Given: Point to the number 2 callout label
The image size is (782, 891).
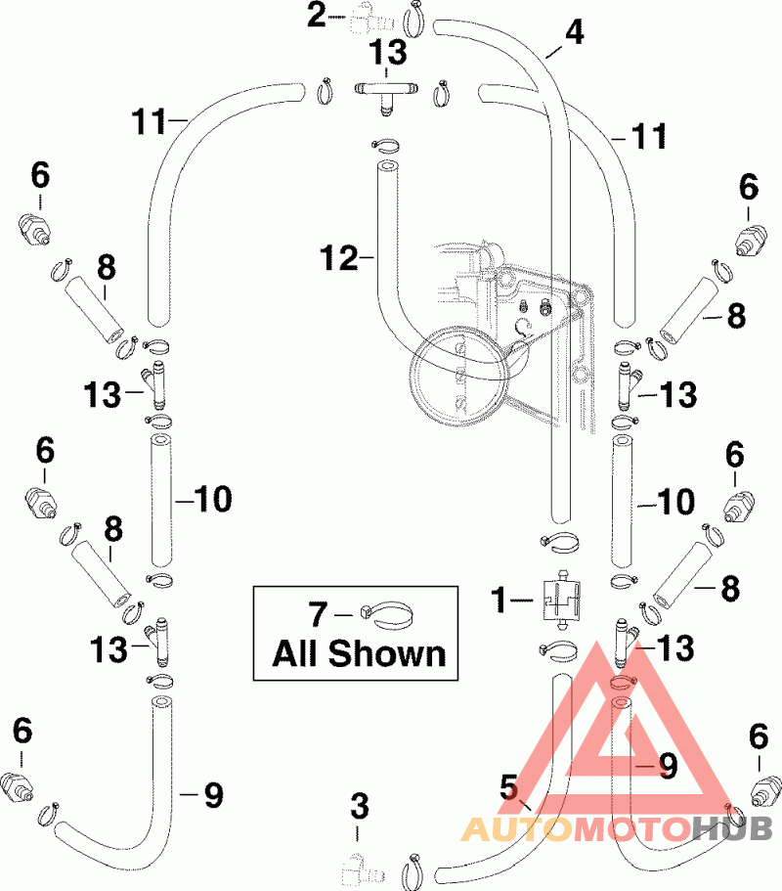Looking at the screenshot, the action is pos(316,16).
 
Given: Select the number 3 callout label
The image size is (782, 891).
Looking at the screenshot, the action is pos(360,807).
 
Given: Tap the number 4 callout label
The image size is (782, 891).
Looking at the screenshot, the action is pos(574,32).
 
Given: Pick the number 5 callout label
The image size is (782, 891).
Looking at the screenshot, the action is pos(508,784).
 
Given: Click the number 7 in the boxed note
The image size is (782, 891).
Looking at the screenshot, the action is pos(318,615).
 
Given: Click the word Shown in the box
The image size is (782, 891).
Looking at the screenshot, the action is pos(388,653).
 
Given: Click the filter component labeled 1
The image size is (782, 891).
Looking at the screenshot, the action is pos(559,599).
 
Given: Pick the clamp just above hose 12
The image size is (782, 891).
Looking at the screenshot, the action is pos(388,146).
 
